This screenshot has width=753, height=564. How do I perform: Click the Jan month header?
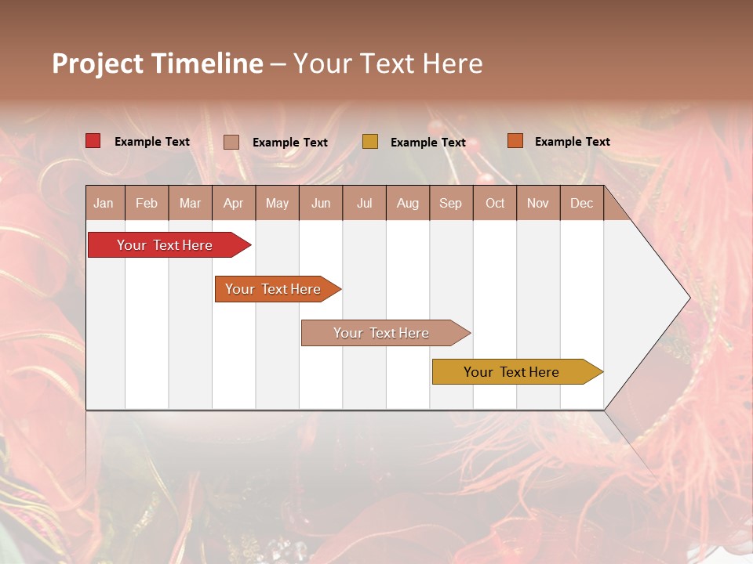tap(104, 203)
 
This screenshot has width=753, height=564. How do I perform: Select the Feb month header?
tap(147, 203)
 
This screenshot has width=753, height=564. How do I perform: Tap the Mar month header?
tap(190, 203)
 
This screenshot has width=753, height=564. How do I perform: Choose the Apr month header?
tap(234, 203)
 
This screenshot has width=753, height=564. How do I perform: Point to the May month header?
tap(277, 203)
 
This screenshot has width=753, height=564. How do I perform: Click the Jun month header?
tap(321, 203)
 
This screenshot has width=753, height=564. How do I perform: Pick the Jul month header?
tap(364, 203)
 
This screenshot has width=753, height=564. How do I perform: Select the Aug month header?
tap(408, 203)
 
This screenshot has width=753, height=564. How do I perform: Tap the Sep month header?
tap(451, 203)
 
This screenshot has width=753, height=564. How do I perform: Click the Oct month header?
tap(495, 203)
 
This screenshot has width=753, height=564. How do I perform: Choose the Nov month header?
tap(538, 203)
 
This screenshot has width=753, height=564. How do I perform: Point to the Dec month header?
tap(581, 203)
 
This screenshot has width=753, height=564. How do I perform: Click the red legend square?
tap(93, 141)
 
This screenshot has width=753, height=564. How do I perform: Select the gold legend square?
tap(370, 142)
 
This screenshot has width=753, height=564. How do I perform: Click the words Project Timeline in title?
tap(158, 63)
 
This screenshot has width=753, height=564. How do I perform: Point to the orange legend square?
tap(515, 141)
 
